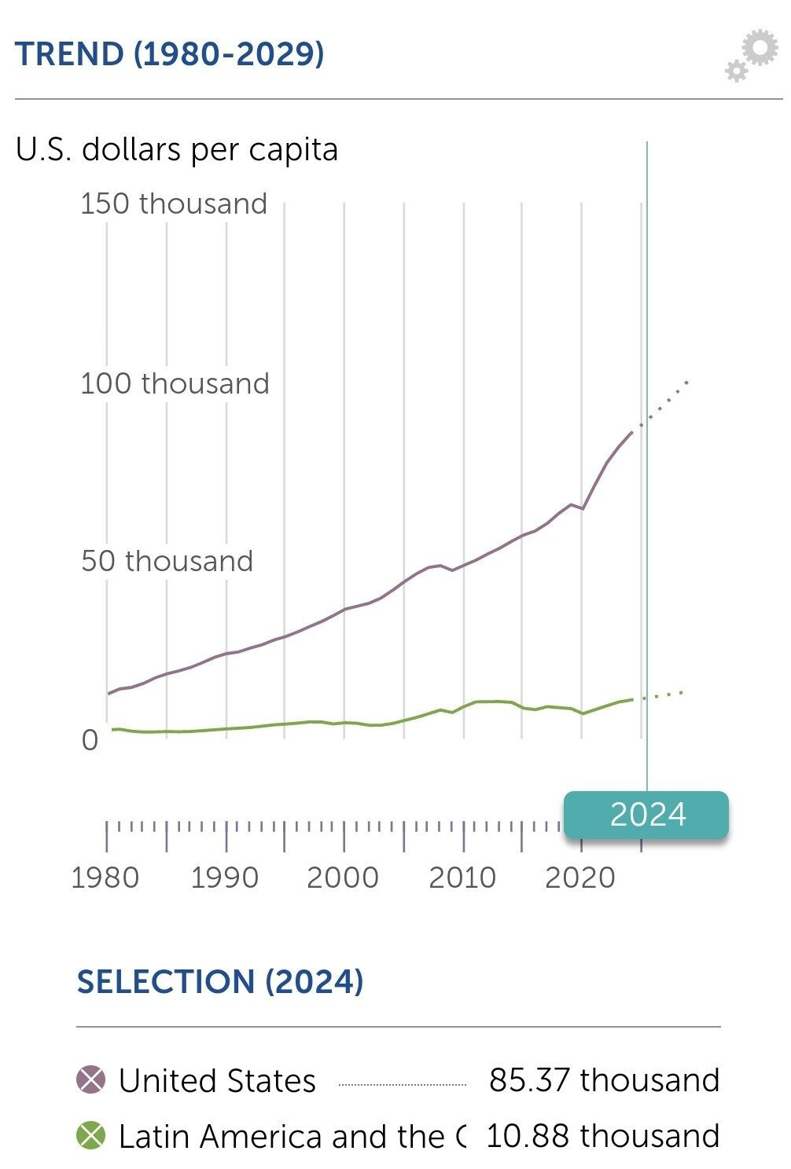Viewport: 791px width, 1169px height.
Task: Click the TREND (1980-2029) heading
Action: click(169, 54)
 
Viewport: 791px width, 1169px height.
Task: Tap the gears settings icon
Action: click(751, 55)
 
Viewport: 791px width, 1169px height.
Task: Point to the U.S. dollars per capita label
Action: click(177, 149)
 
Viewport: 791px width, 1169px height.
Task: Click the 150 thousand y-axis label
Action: click(174, 203)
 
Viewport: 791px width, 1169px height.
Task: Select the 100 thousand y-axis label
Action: click(175, 383)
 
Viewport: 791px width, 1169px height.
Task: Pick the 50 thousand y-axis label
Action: click(167, 561)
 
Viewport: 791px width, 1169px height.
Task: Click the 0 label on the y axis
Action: click(90, 740)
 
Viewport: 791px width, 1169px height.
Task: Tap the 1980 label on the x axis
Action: click(105, 878)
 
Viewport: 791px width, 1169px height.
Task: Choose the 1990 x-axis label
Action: click(225, 878)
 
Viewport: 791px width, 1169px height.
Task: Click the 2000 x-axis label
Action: click(343, 878)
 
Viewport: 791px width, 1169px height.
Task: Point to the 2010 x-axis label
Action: click(462, 878)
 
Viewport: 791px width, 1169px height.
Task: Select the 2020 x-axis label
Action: click(580, 878)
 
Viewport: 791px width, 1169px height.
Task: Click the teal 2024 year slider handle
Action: click(646, 815)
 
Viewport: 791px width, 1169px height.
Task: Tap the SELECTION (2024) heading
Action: click(220, 982)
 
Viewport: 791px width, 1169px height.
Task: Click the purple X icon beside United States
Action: click(91, 1080)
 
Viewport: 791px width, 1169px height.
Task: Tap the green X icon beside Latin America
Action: click(91, 1136)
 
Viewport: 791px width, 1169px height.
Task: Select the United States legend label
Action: click(217, 1081)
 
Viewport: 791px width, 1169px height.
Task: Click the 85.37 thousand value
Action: click(604, 1080)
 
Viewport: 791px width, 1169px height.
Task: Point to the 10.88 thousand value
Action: click(603, 1136)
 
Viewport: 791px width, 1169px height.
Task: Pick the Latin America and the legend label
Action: click(291, 1137)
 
